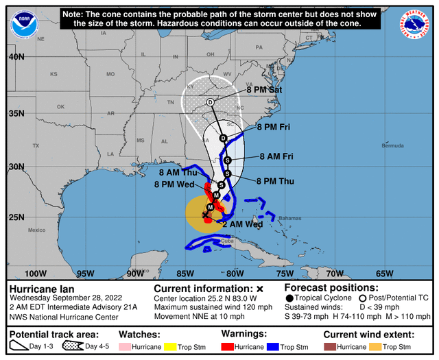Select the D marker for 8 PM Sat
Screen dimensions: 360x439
pyautogui.click(x=211, y=102)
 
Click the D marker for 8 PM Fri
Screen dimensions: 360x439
pyautogui.click(x=223, y=138)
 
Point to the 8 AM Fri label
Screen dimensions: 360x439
pyautogui.click(x=276, y=157)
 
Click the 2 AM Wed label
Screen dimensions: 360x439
pyautogui.click(x=244, y=224)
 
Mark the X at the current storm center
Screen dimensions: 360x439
pyautogui.click(x=204, y=215)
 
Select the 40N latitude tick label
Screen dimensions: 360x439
pyautogui.click(x=16, y=57)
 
